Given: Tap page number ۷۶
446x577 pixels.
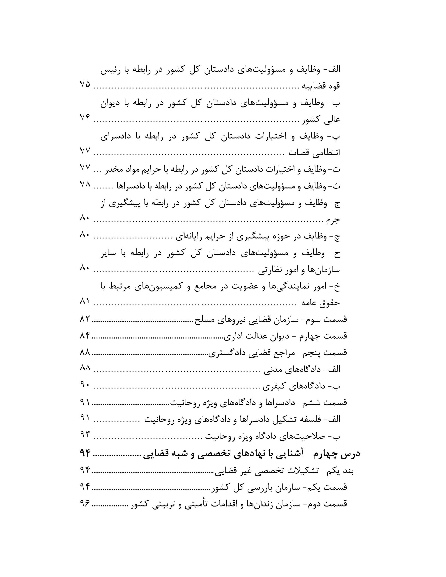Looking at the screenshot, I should tap(85, 118).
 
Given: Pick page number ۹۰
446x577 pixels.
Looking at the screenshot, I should tap(85, 385).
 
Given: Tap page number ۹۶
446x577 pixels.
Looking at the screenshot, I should tap(85, 504).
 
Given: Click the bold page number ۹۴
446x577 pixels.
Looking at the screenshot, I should tap(85, 453).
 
